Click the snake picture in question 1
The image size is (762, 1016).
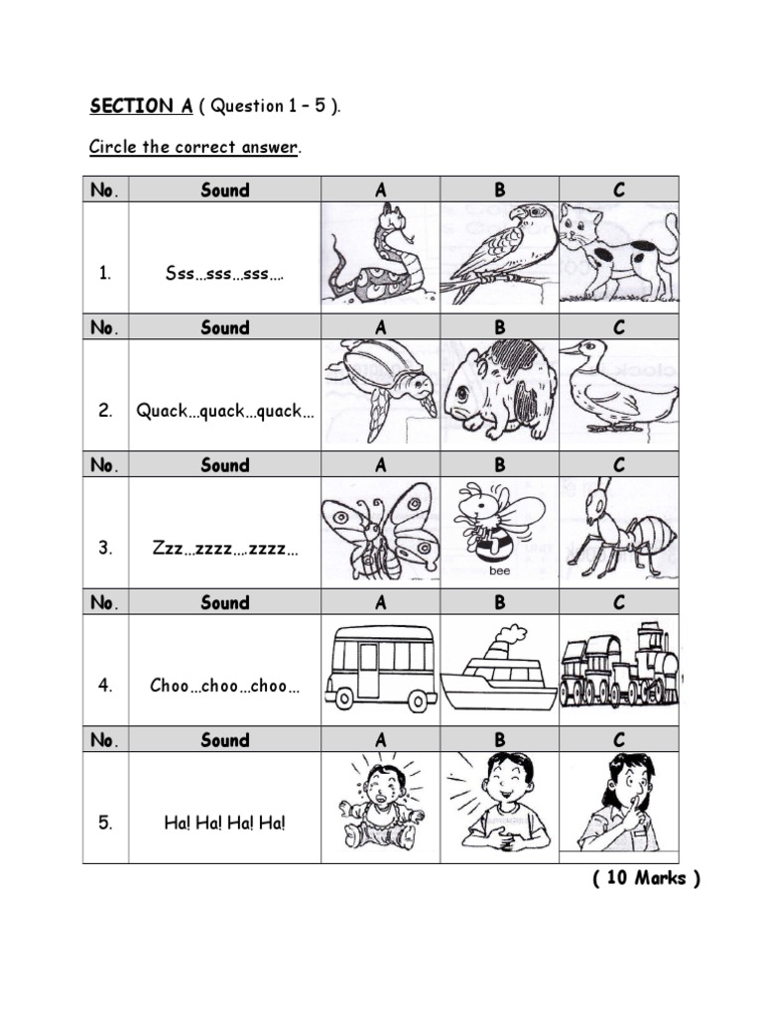378,255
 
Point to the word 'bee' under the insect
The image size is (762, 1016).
499,571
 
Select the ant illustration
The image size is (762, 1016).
619,528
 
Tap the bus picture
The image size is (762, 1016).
381,668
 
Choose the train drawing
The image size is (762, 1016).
619,665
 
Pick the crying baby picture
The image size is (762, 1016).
381,805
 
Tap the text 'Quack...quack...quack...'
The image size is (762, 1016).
224,411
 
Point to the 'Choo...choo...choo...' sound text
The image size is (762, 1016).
224,685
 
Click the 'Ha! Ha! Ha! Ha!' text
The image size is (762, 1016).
224,823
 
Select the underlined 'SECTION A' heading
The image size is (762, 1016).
130,107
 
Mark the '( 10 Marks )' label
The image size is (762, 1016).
647,879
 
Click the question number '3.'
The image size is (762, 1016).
105,548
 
